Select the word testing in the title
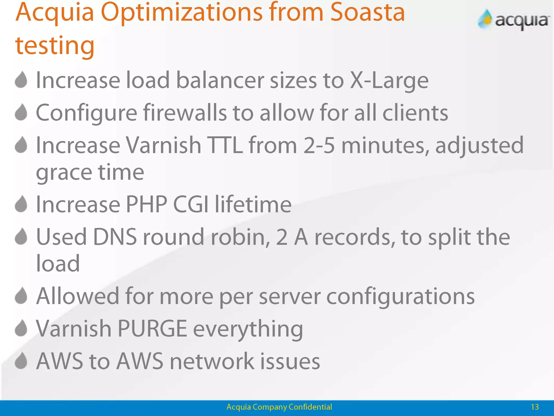[55, 45]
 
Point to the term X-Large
[389, 80]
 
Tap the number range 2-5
[319, 145]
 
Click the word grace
[64, 173]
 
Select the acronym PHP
[146, 204]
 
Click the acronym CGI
[191, 204]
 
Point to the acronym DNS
[115, 237]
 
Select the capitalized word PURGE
[152, 329]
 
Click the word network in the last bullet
[212, 361]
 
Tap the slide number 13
[535, 407]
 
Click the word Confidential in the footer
[310, 407]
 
